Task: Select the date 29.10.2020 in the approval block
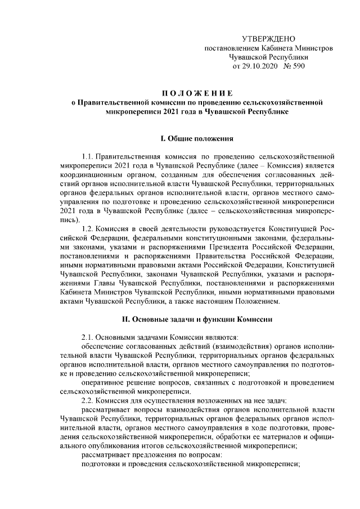coord(260,66)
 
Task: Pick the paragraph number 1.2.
coord(88,229)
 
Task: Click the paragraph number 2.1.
coord(88,336)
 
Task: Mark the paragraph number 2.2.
coord(88,400)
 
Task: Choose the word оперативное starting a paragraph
coord(103,382)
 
